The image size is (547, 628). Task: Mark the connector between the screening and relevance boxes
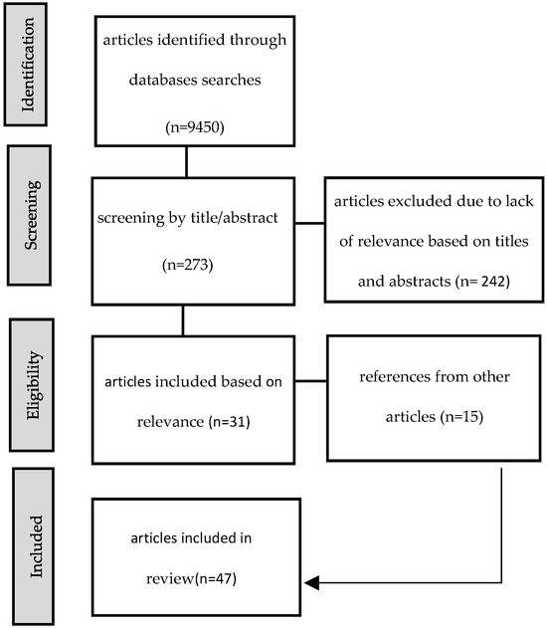tap(185, 319)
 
